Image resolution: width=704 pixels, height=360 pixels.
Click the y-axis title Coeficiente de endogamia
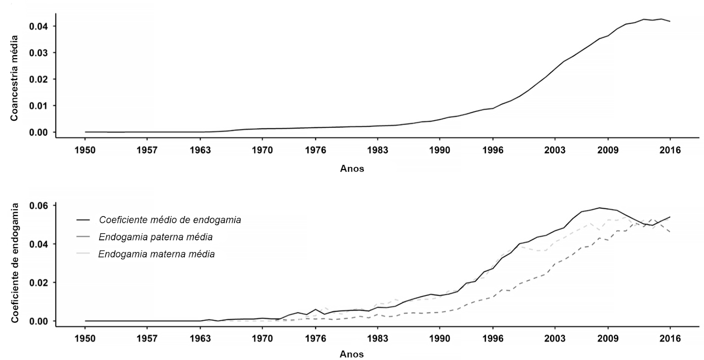[15, 263]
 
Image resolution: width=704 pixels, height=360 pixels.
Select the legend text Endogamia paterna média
[156, 237]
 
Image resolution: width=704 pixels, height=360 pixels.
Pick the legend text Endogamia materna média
[157, 254]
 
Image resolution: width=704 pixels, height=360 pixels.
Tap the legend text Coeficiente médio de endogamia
[170, 220]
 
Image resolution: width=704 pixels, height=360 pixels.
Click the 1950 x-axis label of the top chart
[85, 150]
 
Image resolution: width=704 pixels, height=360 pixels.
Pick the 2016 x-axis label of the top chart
[670, 150]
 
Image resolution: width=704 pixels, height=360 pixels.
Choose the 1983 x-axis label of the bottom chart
[377, 338]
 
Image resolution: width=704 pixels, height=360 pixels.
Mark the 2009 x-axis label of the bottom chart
[608, 338]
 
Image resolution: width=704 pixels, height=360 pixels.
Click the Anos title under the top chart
[352, 169]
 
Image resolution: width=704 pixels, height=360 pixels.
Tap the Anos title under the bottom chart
[352, 354]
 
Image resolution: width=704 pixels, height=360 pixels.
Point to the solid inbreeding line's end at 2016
[670, 217]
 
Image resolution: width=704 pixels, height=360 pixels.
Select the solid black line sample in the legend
[83, 220]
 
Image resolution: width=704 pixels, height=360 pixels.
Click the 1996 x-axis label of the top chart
[493, 150]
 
